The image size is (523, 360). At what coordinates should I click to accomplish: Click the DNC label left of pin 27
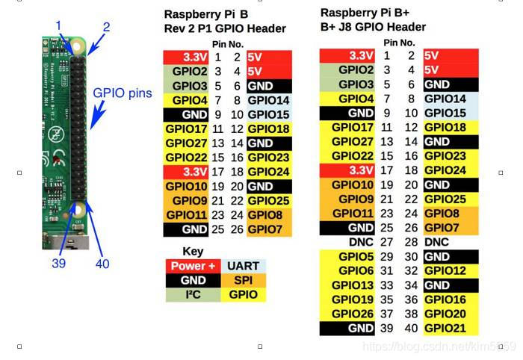click(x=361, y=243)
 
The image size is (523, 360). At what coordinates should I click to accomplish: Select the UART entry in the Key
click(x=243, y=266)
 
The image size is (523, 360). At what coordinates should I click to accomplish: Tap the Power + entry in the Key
click(x=193, y=266)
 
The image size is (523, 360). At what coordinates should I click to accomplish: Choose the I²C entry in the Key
click(x=193, y=294)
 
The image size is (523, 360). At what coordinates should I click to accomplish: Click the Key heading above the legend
click(x=193, y=251)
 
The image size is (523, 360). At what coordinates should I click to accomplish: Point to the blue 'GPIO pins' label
click(x=123, y=94)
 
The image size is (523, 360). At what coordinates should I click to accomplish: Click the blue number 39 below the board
click(x=59, y=263)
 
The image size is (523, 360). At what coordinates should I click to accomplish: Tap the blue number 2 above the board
click(x=106, y=28)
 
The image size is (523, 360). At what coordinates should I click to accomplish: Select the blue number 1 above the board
click(x=59, y=26)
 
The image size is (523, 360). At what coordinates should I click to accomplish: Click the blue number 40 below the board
click(x=102, y=264)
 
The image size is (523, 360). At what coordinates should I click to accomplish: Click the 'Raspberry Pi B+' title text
click(x=365, y=13)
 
